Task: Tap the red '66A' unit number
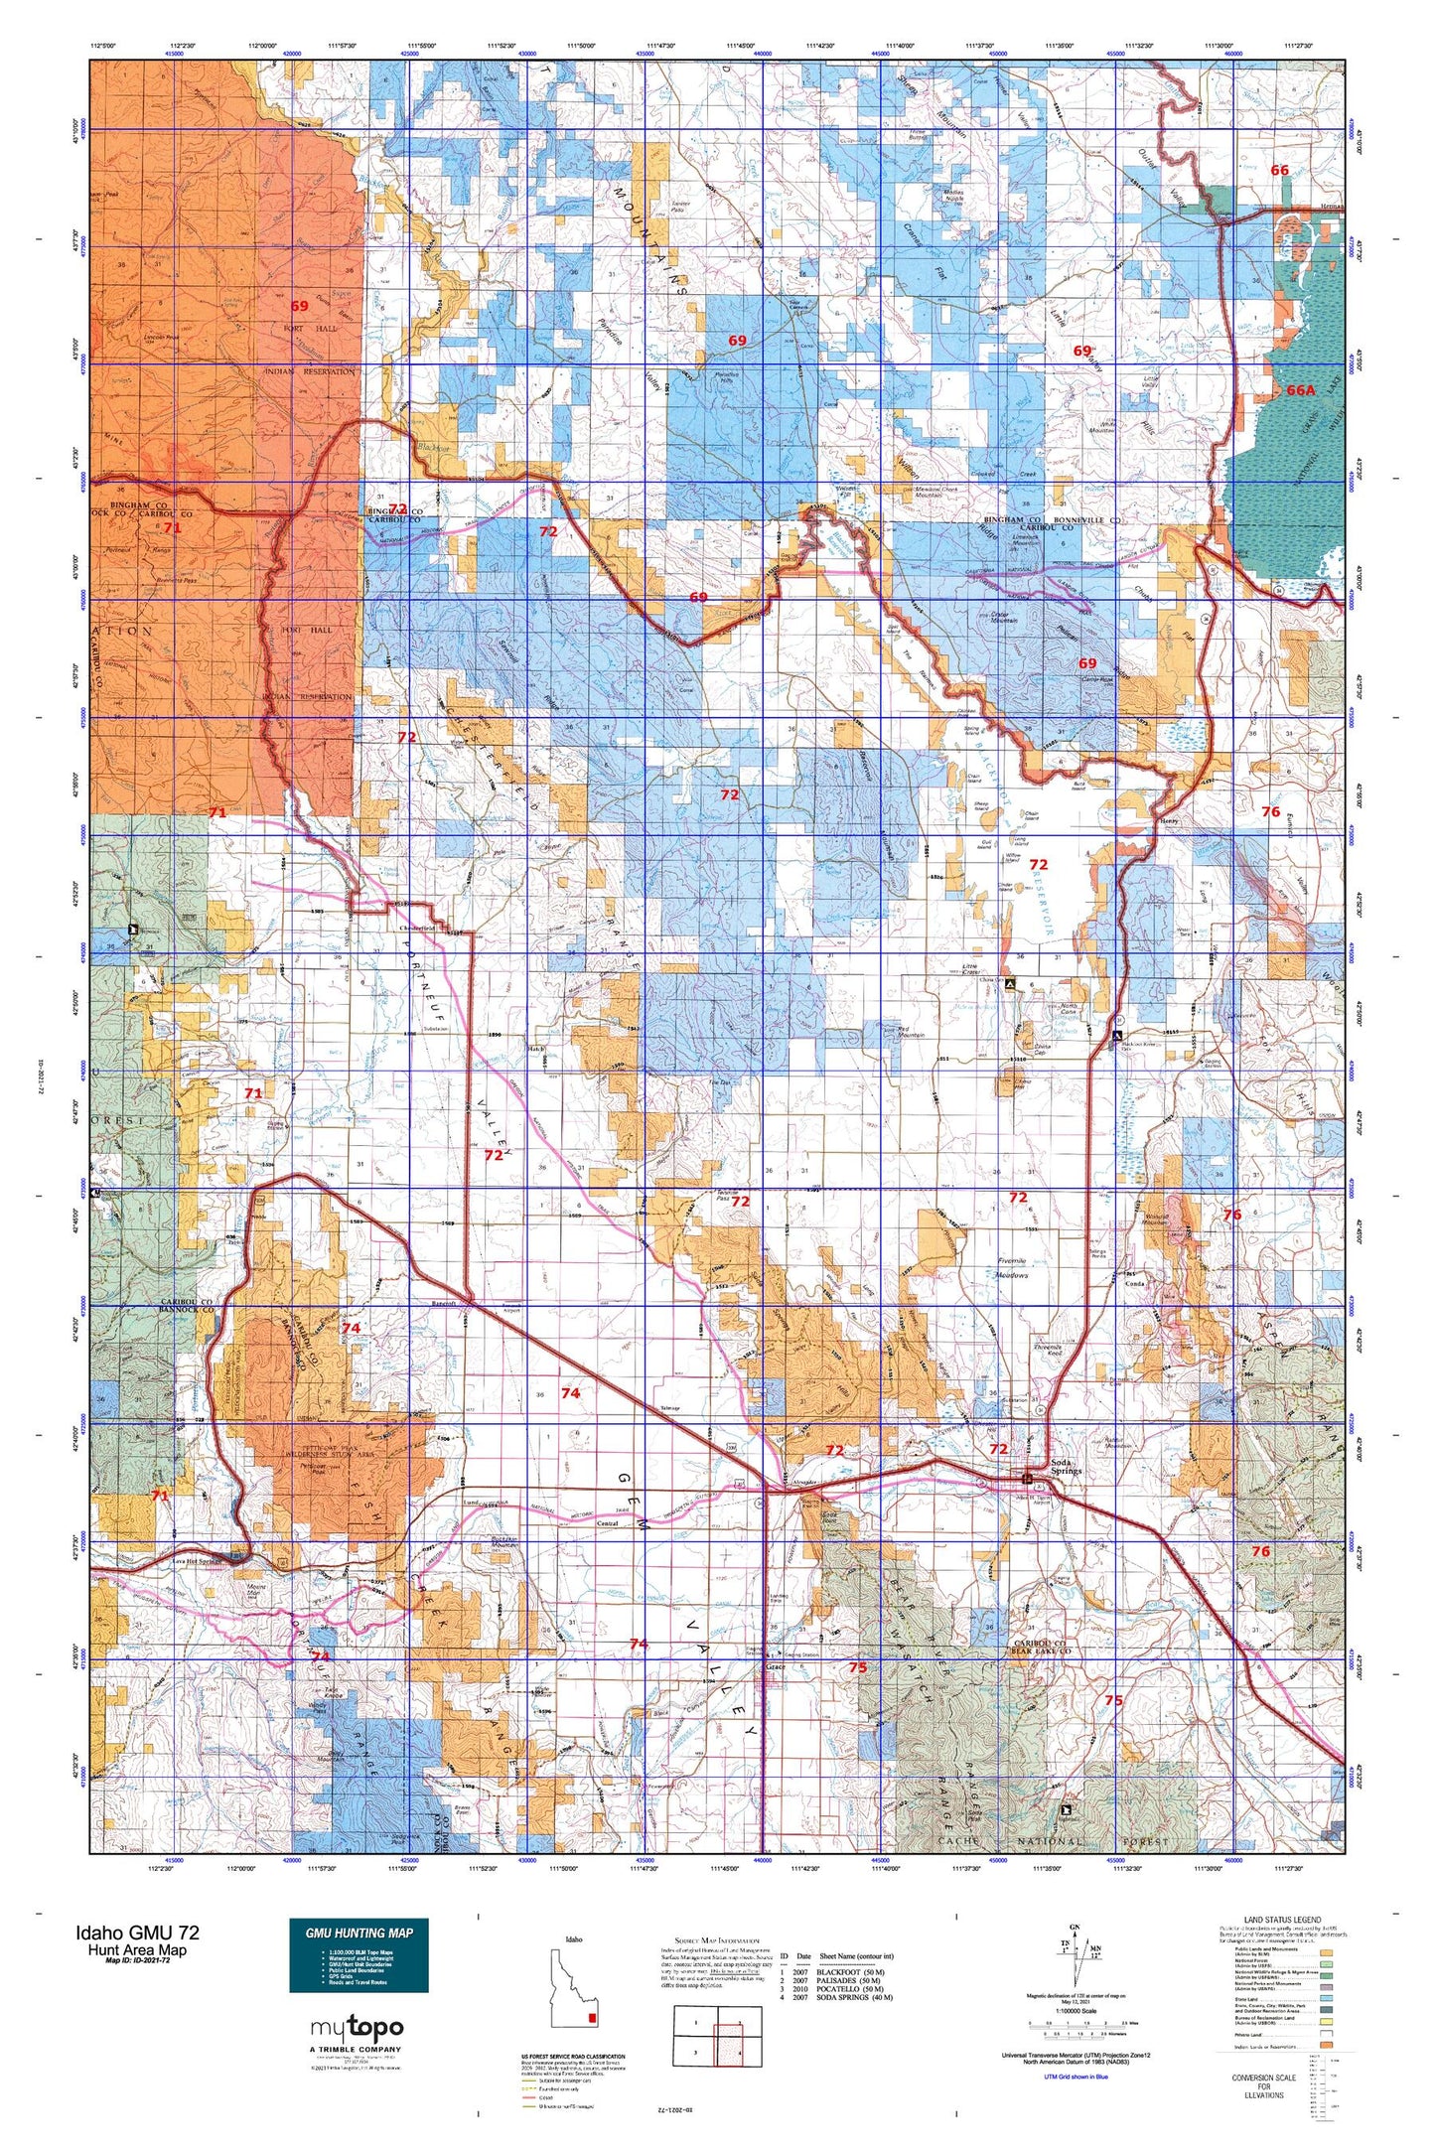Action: coord(1300,390)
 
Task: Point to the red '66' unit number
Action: coord(1279,170)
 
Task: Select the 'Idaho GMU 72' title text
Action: coord(137,1933)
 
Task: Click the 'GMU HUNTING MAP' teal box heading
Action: coord(359,1932)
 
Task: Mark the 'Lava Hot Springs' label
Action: coord(195,1561)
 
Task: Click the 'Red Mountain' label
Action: coord(911,1032)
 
